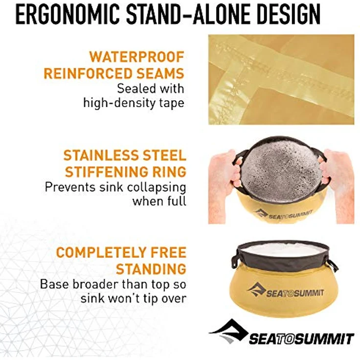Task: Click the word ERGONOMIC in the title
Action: (x=67, y=14)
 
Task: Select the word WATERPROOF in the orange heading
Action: (x=137, y=56)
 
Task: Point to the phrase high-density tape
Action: (x=134, y=103)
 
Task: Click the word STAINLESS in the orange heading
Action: (x=101, y=155)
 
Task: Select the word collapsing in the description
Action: (x=157, y=187)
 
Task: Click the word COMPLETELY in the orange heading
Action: (x=101, y=252)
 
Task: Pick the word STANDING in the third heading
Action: (x=151, y=269)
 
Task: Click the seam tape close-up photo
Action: (x=281, y=79)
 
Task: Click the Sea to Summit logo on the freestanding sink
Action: (x=285, y=291)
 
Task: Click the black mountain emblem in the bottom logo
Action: (x=229, y=331)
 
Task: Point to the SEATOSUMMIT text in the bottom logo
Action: (x=301, y=339)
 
